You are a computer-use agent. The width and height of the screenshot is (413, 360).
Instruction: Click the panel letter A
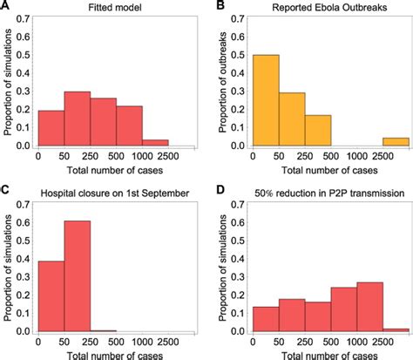click(6, 7)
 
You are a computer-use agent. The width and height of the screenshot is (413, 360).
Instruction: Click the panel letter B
click(217, 7)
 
